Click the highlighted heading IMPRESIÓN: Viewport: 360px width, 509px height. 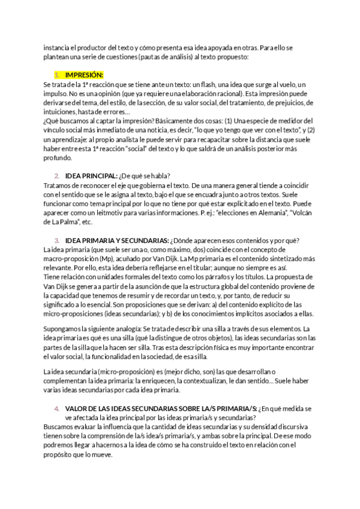pyautogui.click(x=85, y=75)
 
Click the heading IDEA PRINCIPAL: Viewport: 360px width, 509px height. pyautogui.click(x=91, y=175)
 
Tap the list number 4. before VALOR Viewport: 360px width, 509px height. pyautogui.click(x=57, y=408)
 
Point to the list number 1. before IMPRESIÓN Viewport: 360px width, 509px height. pyautogui.click(x=57, y=75)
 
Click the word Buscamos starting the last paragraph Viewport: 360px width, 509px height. pyautogui.click(x=61, y=427)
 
